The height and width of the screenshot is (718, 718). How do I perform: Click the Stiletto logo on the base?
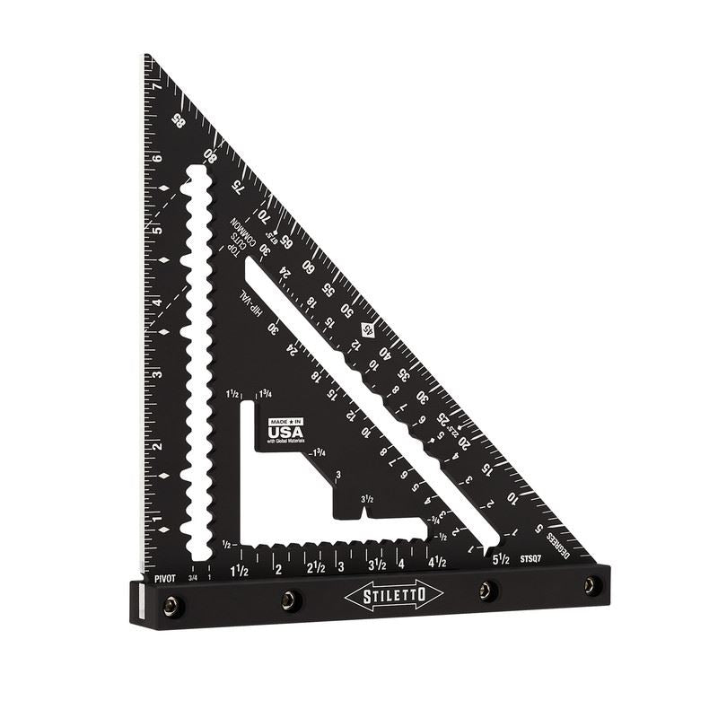click(x=392, y=595)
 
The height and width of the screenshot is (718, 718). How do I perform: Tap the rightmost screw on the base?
click(x=590, y=585)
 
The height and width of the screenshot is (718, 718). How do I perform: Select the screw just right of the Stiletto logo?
click(x=486, y=590)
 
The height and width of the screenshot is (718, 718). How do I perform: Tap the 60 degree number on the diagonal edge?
click(x=309, y=267)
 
